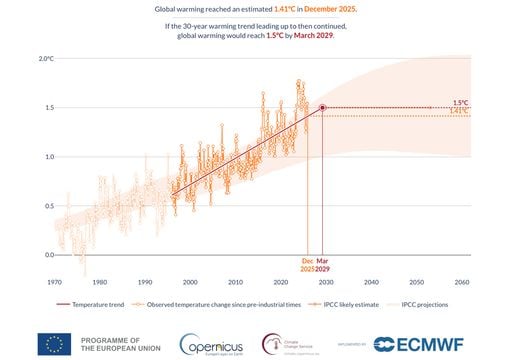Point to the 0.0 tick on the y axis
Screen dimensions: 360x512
point(47,255)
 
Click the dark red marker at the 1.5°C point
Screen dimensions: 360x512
point(322,108)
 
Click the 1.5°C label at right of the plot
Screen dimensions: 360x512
point(460,102)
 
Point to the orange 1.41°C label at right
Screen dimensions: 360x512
point(460,111)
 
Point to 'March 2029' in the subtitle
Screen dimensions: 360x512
point(313,37)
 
